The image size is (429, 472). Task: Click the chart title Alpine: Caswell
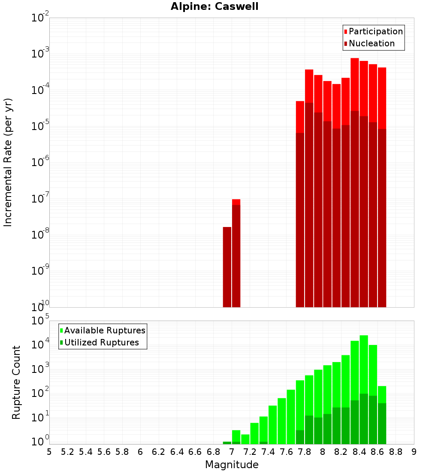(x=214, y=7)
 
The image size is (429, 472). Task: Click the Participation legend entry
(x=373, y=31)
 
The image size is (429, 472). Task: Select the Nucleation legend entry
(x=369, y=43)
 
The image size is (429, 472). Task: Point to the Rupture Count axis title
(x=16, y=382)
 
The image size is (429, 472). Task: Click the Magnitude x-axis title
(x=232, y=465)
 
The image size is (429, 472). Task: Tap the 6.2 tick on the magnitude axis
(x=159, y=452)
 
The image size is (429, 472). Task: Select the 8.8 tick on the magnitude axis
(x=396, y=452)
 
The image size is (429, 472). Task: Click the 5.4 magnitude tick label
(x=86, y=452)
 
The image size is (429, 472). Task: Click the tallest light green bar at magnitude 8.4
(x=364, y=365)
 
